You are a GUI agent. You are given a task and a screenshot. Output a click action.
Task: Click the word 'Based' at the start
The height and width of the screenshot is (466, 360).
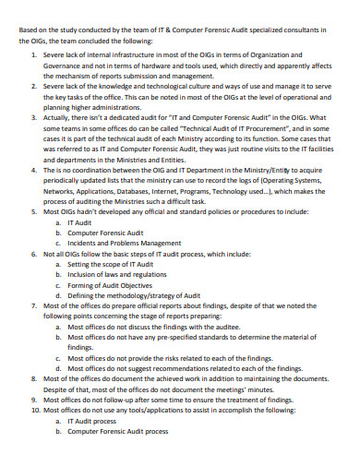click(30, 28)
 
